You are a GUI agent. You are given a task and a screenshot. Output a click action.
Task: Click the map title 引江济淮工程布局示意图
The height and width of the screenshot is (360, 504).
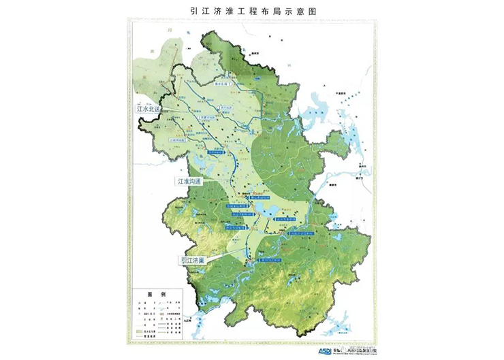[251, 11]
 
